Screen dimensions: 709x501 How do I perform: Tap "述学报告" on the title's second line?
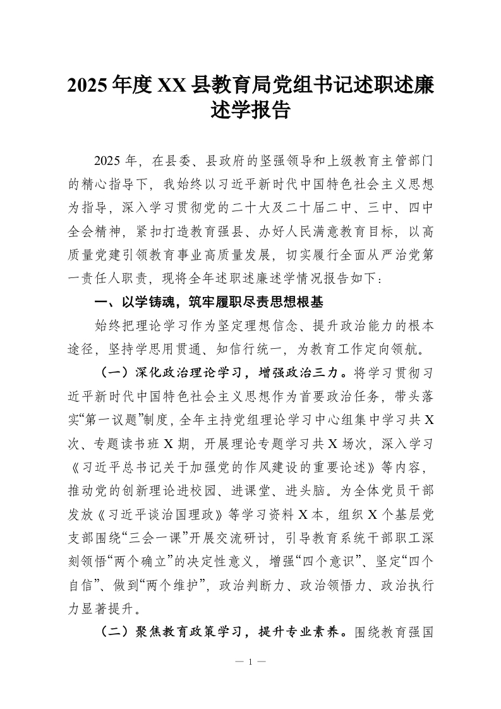(x=251, y=111)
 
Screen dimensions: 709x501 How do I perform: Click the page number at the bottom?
(x=251, y=662)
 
